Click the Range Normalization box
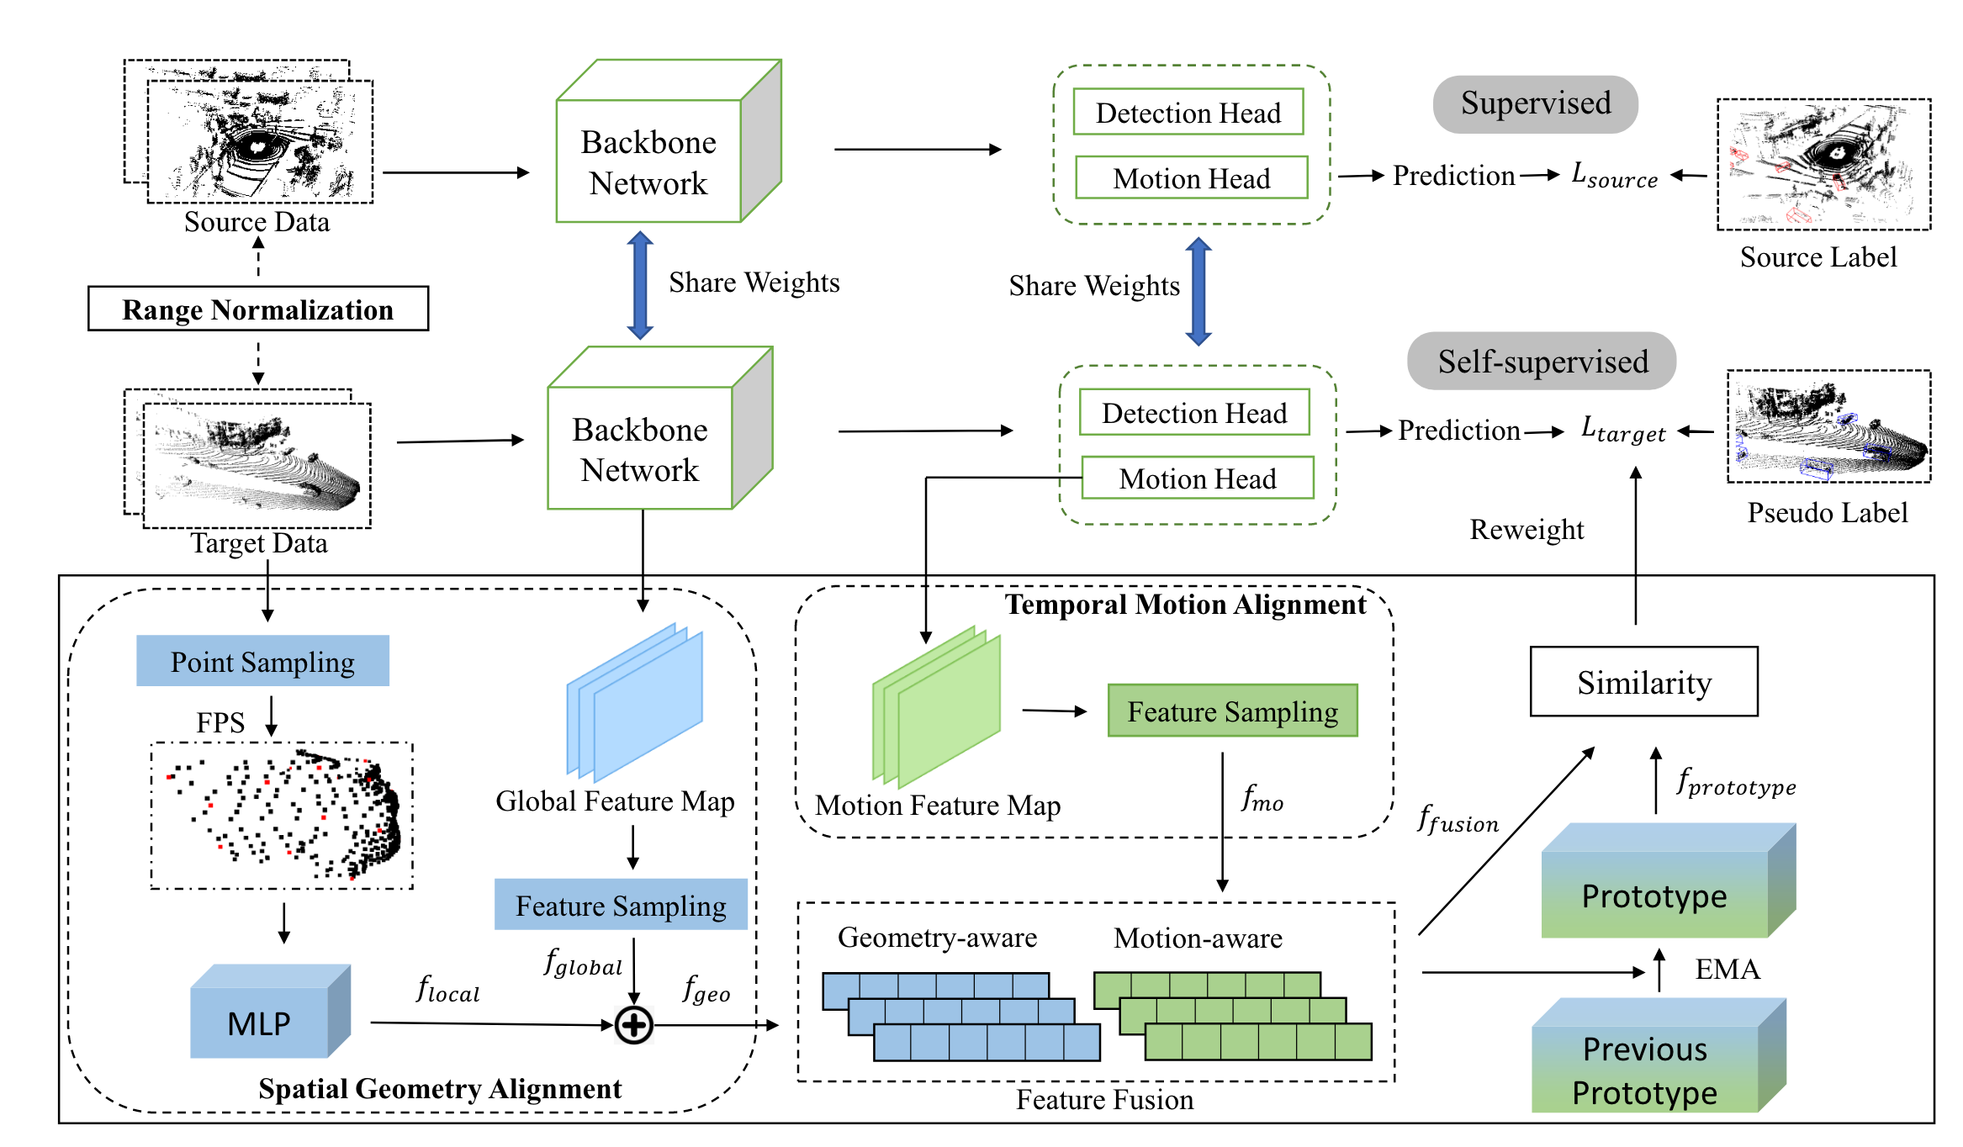click(x=257, y=309)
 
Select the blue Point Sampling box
click(x=262, y=661)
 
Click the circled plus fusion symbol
click(x=633, y=1025)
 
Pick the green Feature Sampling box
click(x=1232, y=711)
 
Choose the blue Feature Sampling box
click(x=621, y=905)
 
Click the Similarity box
click(x=1643, y=682)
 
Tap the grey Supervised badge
click(x=1535, y=103)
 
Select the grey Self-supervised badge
click(x=1542, y=362)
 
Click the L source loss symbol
click(x=1614, y=176)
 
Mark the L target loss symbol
click(x=1622, y=431)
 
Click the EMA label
click(x=1727, y=969)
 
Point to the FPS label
click(x=220, y=722)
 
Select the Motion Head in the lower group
click(x=1197, y=478)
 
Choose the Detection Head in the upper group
click(x=1188, y=113)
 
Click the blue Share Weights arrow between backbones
click(x=640, y=285)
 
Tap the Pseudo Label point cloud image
click(x=1828, y=427)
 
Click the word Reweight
click(x=1526, y=529)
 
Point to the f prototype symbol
click(x=1736, y=784)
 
